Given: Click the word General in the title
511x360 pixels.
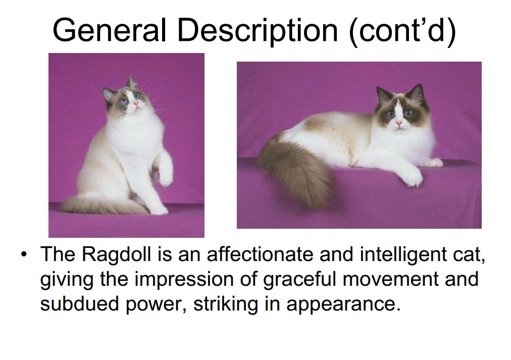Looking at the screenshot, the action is click(x=109, y=30).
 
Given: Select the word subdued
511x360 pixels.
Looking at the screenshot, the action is click(x=79, y=303).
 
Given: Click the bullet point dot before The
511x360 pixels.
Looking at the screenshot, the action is click(x=23, y=254).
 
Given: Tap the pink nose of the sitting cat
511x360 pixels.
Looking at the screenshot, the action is click(x=135, y=104).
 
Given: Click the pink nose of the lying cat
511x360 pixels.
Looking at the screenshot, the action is click(x=399, y=124).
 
